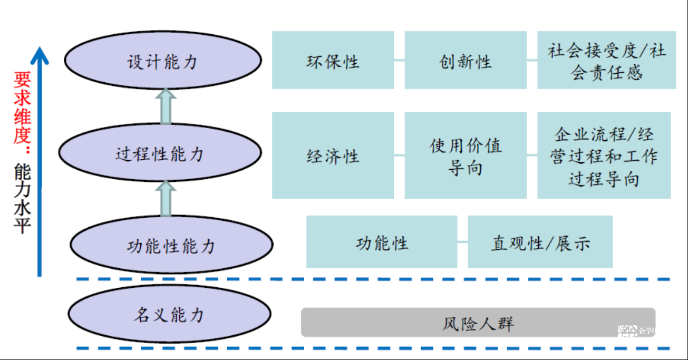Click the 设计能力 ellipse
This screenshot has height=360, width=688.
coord(162,61)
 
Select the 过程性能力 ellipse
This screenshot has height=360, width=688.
coord(160,153)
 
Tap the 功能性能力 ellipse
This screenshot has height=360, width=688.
coord(171,245)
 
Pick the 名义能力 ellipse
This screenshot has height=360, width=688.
coord(169,315)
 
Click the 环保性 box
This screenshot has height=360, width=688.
coord(333,60)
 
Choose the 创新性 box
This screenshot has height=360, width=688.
coord(465,60)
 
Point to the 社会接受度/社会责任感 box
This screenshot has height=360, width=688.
coord(606,60)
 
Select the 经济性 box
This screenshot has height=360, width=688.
coord(333,155)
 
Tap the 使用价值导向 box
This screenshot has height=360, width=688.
coord(465,155)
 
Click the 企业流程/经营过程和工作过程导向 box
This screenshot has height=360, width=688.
coord(604,155)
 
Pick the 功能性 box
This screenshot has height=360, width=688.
coord(381,242)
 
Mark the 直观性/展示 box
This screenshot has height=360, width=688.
coord(540,242)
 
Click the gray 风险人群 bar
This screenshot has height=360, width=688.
coord(478,323)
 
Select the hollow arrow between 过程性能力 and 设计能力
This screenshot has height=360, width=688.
coord(166,108)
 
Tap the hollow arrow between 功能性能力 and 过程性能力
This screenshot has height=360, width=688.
coord(166,199)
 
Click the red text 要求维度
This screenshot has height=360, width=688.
coord(23,108)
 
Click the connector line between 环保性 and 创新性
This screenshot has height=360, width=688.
coord(399,60)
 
